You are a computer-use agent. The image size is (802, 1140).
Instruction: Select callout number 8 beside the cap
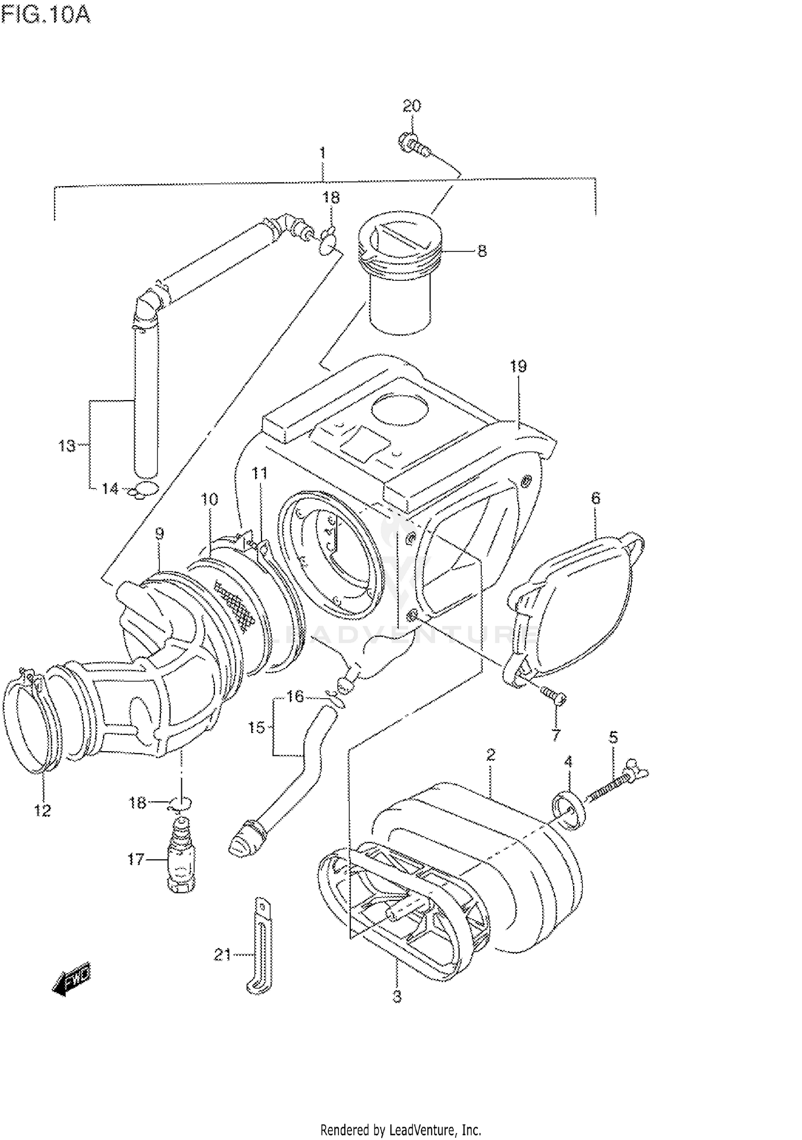[482, 251]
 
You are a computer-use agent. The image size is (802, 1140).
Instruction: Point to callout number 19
[518, 366]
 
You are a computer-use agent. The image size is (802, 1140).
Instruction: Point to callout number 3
[397, 996]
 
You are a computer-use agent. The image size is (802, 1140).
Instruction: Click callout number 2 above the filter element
[490, 755]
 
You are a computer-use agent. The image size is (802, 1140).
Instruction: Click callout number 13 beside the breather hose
[67, 445]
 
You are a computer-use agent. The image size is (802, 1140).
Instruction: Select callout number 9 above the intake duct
[159, 533]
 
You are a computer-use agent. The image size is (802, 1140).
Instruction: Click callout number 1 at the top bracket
[322, 154]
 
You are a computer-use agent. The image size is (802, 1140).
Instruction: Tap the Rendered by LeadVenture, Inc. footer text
[400, 1130]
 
